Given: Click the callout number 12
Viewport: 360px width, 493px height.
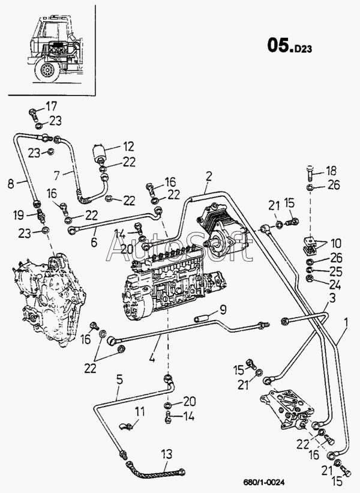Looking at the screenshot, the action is point(128,147).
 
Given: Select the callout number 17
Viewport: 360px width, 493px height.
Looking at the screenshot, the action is point(52,106).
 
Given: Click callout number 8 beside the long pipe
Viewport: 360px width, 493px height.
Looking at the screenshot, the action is point(11,183).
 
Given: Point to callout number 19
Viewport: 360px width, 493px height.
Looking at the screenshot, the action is point(19,216).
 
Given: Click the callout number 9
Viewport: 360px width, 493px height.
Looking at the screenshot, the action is point(223,310).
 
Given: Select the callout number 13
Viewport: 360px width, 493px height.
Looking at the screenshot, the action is point(167,454).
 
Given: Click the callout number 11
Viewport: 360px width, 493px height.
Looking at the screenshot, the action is point(140,411).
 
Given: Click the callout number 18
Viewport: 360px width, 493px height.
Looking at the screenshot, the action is point(331,171).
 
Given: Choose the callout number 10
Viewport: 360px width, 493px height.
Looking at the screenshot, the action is point(336,243).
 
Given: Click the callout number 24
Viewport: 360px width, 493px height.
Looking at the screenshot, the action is point(335,285).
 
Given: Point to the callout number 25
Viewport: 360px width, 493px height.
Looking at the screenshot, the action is point(335,271).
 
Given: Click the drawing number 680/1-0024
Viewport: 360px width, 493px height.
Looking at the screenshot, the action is point(264,482).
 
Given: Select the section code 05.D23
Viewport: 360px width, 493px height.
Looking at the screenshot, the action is point(290,46).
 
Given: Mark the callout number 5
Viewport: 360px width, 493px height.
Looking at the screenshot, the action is point(119,380).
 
